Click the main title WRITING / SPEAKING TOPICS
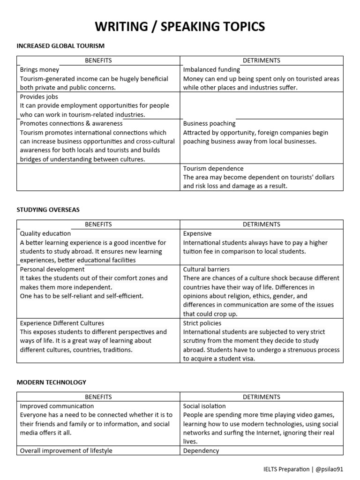[180, 27]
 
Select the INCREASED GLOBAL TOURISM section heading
[60, 45]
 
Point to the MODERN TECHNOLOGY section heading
[52, 382]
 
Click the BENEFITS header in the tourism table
[98, 60]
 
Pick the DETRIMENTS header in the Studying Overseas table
[262, 225]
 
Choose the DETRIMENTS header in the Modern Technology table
[262, 397]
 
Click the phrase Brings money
[40, 69]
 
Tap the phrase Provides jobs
[39, 97]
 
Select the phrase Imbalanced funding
[211, 69]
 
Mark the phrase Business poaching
[210, 123]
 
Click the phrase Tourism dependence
[213, 168]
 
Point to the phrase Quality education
[45, 233]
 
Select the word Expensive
[197, 233]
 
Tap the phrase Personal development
[52, 269]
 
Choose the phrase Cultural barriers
[206, 269]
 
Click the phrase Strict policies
[202, 323]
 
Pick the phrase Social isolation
[204, 406]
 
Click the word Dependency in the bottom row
[201, 450]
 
